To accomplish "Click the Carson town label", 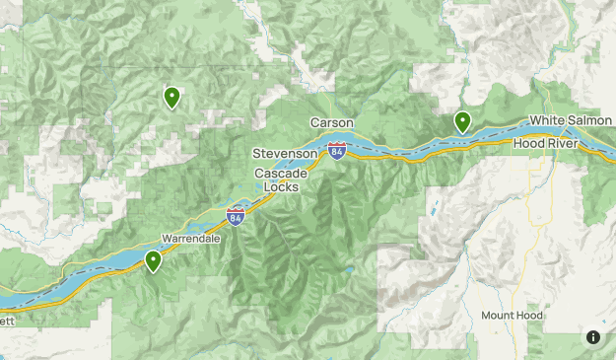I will pos(331,122).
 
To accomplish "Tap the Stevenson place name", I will pos(284,155).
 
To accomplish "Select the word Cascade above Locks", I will pos(281,174).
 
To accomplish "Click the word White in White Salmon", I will pos(547,120).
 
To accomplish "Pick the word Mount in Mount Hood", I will pos(498,316).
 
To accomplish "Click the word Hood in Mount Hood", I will pos(530,316).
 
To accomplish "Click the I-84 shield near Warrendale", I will pos(236,214).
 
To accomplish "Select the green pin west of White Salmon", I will pos(462,121).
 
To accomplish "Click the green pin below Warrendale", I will pos(154,260).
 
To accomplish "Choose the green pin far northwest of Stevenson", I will pos(171,97).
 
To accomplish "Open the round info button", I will pos(593,337).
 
